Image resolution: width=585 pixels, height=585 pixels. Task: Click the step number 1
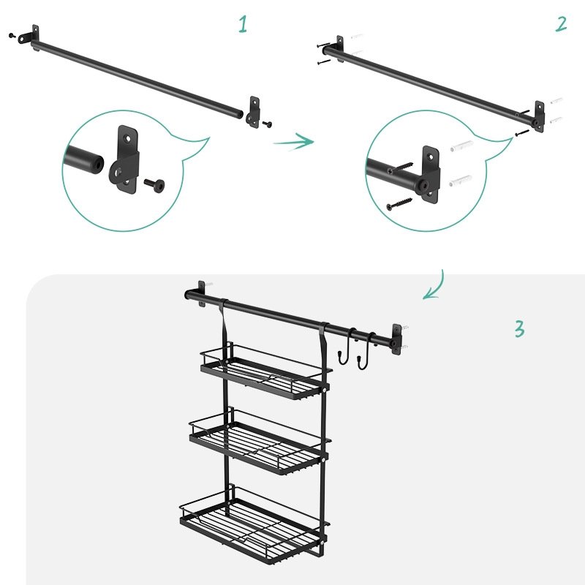pyautogui.click(x=243, y=24)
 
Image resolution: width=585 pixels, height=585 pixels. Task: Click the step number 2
pyautogui.click(x=561, y=24)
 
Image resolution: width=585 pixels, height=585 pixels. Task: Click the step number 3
pyautogui.click(x=520, y=328)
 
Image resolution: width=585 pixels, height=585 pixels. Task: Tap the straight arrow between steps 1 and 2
pyautogui.click(x=293, y=141)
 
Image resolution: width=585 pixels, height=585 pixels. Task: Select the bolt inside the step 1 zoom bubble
pyautogui.click(x=154, y=185)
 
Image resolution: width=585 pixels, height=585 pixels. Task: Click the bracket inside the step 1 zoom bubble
pyautogui.click(x=124, y=159)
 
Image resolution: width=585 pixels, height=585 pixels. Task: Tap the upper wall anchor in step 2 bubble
pyautogui.click(x=462, y=146)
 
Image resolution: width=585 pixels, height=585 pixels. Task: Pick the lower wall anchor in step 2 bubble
pyautogui.click(x=461, y=181)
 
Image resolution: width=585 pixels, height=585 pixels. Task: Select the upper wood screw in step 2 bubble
pyautogui.click(x=400, y=168)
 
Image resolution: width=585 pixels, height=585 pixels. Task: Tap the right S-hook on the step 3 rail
pyautogui.click(x=366, y=351)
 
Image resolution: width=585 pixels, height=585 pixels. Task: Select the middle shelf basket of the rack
pyautogui.click(x=260, y=443)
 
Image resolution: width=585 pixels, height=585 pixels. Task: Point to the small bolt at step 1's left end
pyautogui.click(x=12, y=35)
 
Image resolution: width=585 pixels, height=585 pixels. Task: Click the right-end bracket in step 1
pyautogui.click(x=252, y=112)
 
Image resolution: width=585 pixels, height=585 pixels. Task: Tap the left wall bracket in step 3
pyautogui.click(x=202, y=293)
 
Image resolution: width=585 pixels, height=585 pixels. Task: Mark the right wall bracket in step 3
pyautogui.click(x=396, y=339)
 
